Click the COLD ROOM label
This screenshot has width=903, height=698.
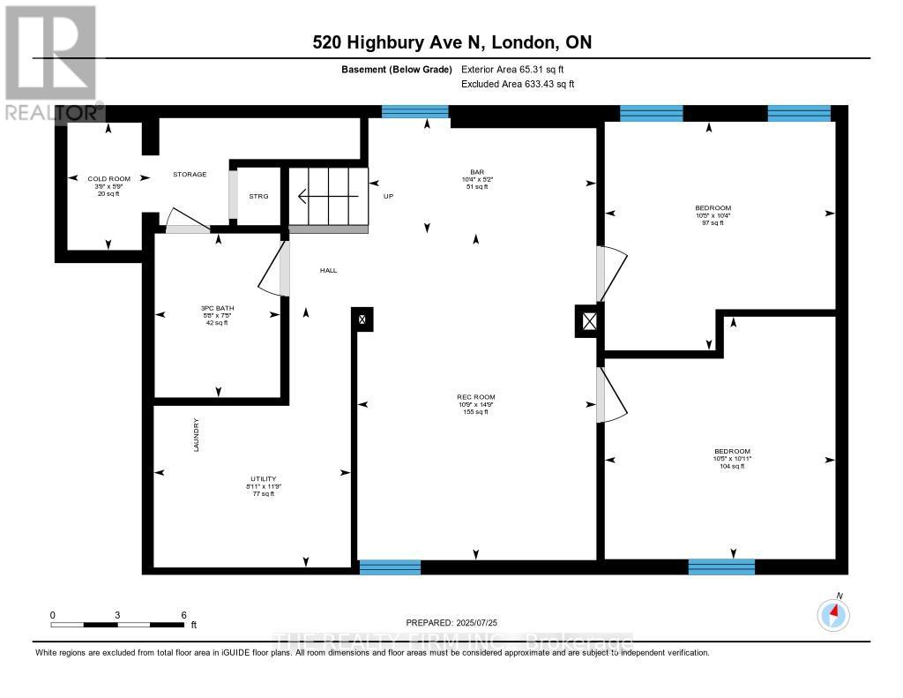pos(108,179)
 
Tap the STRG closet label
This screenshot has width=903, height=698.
pos(258,196)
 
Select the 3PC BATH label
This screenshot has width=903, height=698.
pos(217,309)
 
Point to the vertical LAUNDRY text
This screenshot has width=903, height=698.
pos(197,435)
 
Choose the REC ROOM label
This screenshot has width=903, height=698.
pos(475,397)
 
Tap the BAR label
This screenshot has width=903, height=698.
pos(477,172)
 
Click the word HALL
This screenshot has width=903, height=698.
pos(328,271)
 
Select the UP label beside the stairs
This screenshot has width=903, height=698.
pos(388,196)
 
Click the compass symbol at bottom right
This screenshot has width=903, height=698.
pos(833,614)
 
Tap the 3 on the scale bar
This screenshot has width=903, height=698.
pos(117,614)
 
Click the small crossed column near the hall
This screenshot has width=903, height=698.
pos(363,319)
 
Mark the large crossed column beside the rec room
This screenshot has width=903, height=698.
pos(588,320)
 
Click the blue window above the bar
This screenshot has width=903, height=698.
pos(414,111)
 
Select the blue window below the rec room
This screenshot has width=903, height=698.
pos(390,567)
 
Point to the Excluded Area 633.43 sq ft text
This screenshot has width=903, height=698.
pos(518,84)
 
